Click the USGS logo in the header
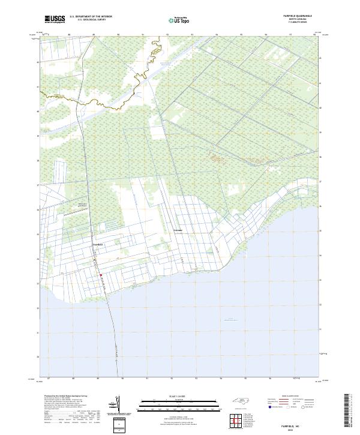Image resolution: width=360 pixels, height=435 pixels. [x=54, y=19]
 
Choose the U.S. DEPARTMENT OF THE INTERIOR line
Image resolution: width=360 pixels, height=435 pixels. [x=91, y=17]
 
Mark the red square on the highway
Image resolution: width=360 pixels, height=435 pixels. [x=101, y=275]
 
